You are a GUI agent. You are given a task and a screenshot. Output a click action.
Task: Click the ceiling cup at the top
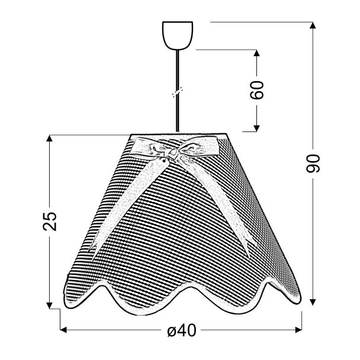pyautogui.click(x=178, y=36)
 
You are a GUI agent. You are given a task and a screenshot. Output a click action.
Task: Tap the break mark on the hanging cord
pyautogui.click(x=178, y=92)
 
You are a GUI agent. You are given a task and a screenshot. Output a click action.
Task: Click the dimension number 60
pyautogui.click(x=257, y=90)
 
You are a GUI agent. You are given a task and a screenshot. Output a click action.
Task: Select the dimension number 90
pyautogui.click(x=313, y=163)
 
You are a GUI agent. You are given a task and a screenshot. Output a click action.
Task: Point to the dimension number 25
pyautogui.click(x=50, y=221)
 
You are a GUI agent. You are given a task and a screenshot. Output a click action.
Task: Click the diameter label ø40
pyautogui.click(x=182, y=331)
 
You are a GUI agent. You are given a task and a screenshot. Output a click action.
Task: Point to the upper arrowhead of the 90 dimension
pyautogui.click(x=313, y=25)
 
